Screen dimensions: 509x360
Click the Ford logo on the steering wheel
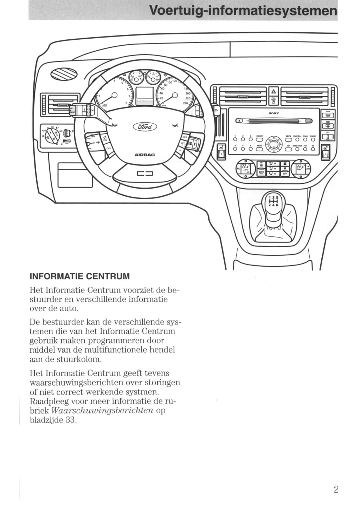click(x=144, y=127)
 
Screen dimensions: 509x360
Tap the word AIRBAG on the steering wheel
click(x=144, y=155)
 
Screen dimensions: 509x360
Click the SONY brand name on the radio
click(x=274, y=113)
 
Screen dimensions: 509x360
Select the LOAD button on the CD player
click(x=309, y=121)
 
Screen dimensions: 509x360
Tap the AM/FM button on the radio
click(x=288, y=139)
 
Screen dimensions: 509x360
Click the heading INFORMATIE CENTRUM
click(x=80, y=276)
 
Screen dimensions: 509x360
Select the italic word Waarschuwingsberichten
click(x=102, y=411)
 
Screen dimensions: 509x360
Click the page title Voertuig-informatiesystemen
click(x=243, y=10)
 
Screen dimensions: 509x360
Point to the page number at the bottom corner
click(x=335, y=489)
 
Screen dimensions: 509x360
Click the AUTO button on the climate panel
click(x=261, y=173)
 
